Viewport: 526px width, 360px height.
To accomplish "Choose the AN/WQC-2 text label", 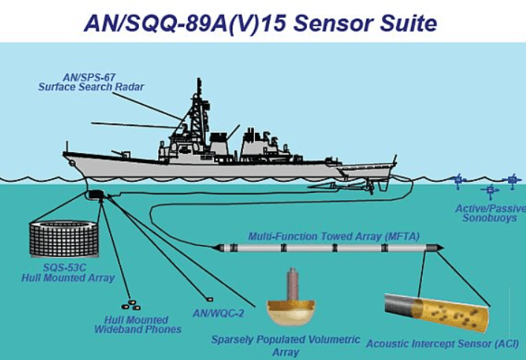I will (x=218, y=312).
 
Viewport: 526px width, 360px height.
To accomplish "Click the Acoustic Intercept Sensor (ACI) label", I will (x=443, y=343).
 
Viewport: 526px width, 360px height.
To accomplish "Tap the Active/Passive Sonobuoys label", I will (x=486, y=213).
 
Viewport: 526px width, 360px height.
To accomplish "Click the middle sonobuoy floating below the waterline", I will (x=490, y=191).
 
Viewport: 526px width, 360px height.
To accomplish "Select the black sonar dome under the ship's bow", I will (x=96, y=194).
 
